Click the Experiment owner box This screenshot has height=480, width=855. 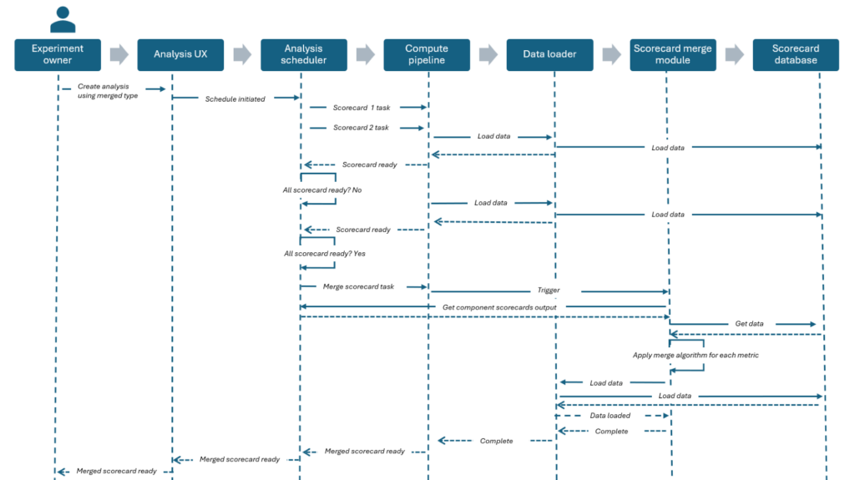(58, 54)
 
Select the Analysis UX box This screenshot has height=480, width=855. (180, 54)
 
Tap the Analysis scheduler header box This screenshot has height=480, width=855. (304, 54)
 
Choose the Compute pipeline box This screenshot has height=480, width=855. (427, 54)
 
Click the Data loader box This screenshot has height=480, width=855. (549, 54)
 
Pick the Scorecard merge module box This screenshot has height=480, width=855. (673, 54)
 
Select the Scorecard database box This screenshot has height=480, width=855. (795, 54)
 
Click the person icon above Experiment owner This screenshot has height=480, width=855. (63, 18)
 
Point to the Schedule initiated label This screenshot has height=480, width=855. (235, 99)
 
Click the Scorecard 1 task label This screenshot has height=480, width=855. (361, 107)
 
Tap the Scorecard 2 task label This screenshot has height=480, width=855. (361, 128)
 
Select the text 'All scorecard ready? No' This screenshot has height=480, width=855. (321, 190)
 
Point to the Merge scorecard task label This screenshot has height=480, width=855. (358, 286)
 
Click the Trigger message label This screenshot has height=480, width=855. (549, 291)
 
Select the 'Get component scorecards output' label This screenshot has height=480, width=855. (498, 307)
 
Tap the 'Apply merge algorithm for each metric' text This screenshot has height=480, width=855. (695, 355)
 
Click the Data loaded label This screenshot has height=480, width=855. (610, 415)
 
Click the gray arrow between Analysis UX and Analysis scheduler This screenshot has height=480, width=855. (242, 55)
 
